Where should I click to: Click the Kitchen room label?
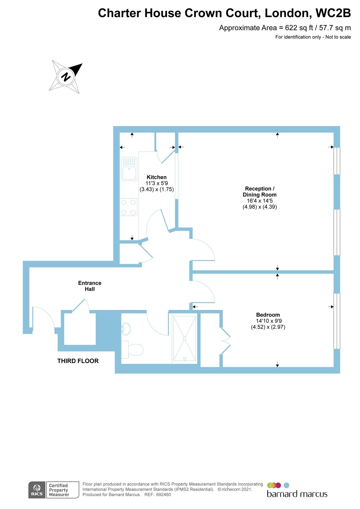coord(157,177)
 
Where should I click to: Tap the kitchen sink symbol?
coord(129,169)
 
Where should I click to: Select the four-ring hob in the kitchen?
coord(128,207)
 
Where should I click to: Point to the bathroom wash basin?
coord(125,329)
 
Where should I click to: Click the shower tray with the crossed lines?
coord(184,339)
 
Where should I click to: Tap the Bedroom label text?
coord(268,315)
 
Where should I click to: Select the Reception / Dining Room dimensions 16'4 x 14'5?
coord(259,201)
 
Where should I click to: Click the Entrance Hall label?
coord(90,286)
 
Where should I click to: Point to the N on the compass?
coord(66,77)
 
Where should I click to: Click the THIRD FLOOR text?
coord(78,361)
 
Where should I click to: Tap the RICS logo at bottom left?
coord(37,490)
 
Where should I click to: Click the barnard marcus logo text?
coord(297,494)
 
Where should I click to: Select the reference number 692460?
coord(163,495)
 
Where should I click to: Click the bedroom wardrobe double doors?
coord(225,341)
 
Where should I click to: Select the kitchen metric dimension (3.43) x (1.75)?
coord(157,189)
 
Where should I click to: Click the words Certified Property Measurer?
coord(59,490)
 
